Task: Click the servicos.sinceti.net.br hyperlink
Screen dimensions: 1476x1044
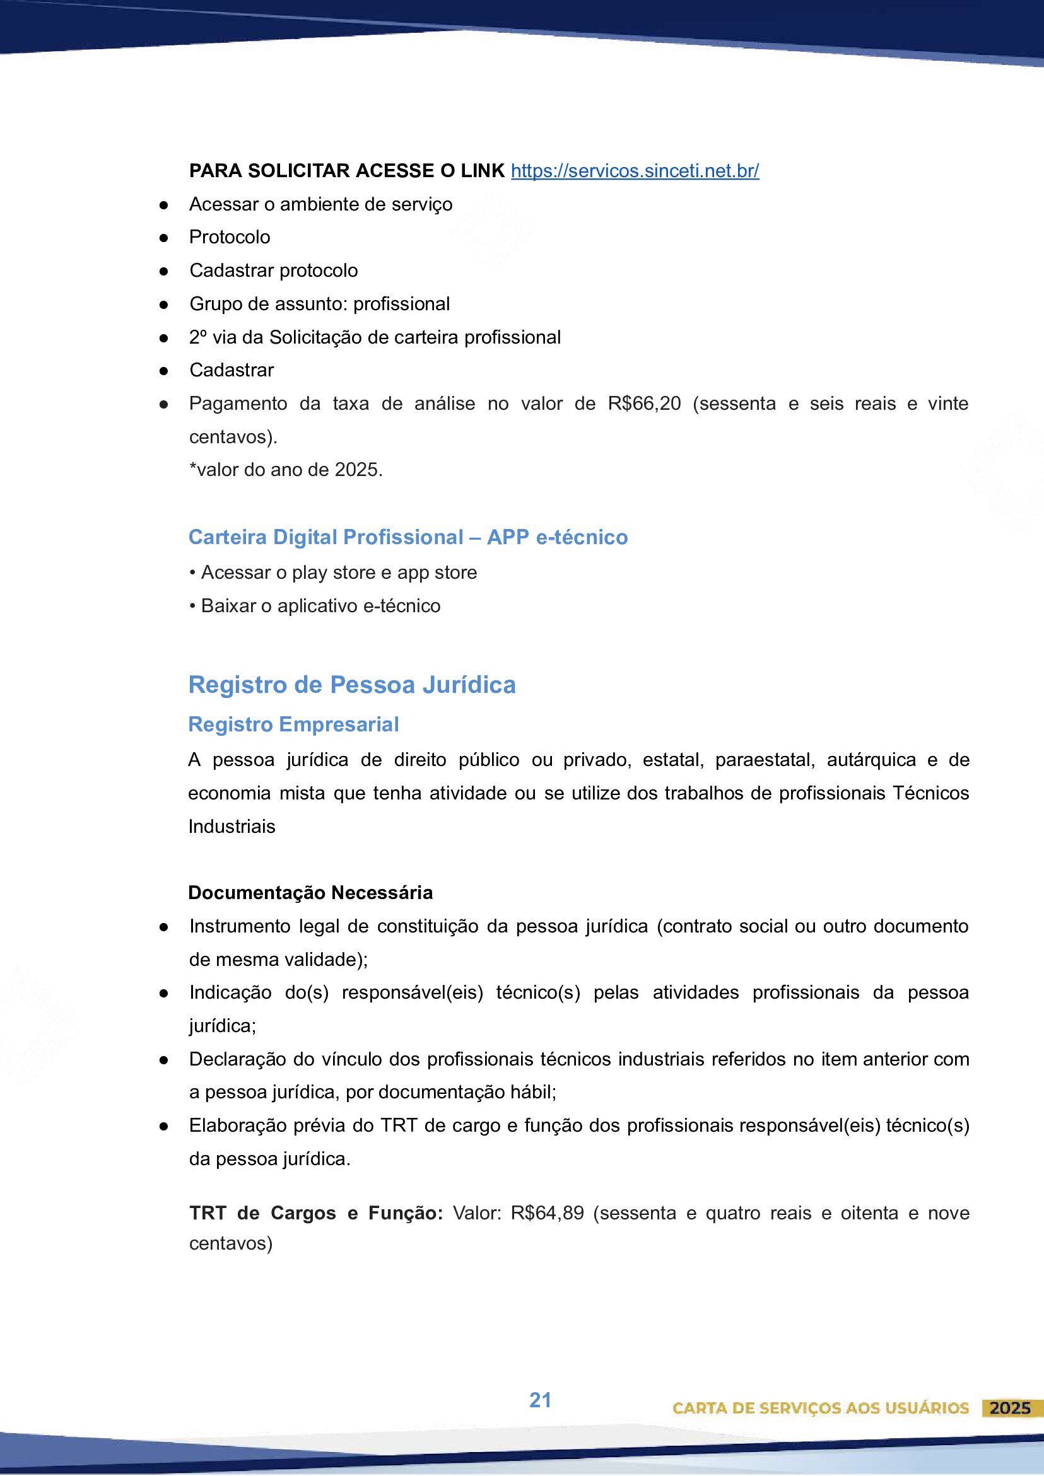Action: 634,171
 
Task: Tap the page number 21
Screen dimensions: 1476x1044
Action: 540,1400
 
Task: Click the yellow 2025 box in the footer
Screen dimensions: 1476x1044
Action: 1010,1408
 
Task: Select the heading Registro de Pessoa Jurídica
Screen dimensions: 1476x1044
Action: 351,685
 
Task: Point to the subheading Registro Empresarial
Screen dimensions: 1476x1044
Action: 293,724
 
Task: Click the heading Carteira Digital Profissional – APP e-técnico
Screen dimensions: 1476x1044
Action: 408,537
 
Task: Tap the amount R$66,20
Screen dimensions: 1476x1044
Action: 644,404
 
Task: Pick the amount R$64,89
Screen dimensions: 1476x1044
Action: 547,1213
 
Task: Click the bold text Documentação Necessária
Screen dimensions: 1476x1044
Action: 310,892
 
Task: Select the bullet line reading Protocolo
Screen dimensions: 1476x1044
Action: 230,237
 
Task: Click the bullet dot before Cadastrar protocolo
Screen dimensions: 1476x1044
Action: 164,271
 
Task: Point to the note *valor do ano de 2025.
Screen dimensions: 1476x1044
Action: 286,470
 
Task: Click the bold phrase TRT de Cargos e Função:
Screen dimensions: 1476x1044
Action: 316,1213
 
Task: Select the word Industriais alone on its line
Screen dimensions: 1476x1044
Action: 232,826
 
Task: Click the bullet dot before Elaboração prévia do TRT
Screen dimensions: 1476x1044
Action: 164,1126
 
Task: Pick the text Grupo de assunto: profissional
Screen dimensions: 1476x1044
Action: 319,304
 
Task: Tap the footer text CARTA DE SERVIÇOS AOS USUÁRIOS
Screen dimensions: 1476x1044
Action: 820,1409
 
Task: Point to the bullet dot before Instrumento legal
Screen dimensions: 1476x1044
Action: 164,927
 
